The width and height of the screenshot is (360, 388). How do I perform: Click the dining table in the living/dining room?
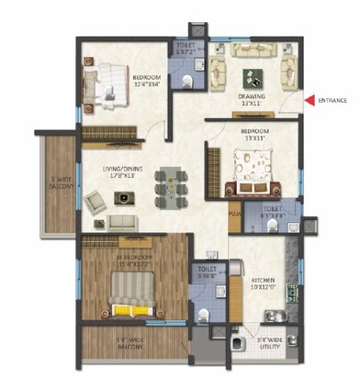[x=170, y=181]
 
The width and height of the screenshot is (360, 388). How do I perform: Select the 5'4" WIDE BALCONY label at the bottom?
[x=126, y=347]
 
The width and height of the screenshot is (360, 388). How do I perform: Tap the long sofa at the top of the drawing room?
[x=253, y=50]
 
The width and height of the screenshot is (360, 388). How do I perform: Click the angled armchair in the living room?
[x=95, y=202]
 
